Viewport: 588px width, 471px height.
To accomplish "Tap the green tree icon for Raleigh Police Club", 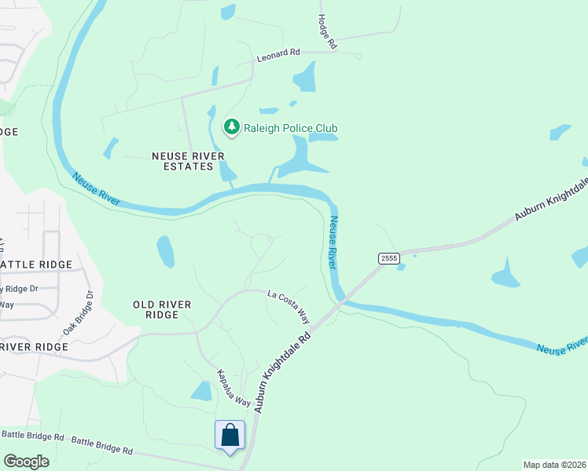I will [231, 126].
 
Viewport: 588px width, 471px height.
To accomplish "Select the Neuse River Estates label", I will [182, 161].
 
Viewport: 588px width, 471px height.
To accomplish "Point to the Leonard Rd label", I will [278, 57].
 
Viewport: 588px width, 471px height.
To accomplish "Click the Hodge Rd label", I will [327, 32].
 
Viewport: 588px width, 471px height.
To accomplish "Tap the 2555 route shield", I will [388, 258].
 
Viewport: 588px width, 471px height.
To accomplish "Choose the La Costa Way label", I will [288, 305].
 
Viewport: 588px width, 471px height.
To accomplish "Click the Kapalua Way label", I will [234, 388].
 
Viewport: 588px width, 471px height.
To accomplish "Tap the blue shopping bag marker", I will [230, 435].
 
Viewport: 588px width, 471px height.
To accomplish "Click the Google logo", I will [26, 462].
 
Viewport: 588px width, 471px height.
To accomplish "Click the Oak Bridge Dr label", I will [79, 313].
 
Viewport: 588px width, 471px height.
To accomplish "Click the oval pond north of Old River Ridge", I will [166, 251].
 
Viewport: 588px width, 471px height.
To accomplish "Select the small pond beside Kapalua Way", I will [203, 391].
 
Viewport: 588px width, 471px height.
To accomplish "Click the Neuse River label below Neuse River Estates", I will [96, 189].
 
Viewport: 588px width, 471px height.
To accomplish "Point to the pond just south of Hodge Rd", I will [304, 78].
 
